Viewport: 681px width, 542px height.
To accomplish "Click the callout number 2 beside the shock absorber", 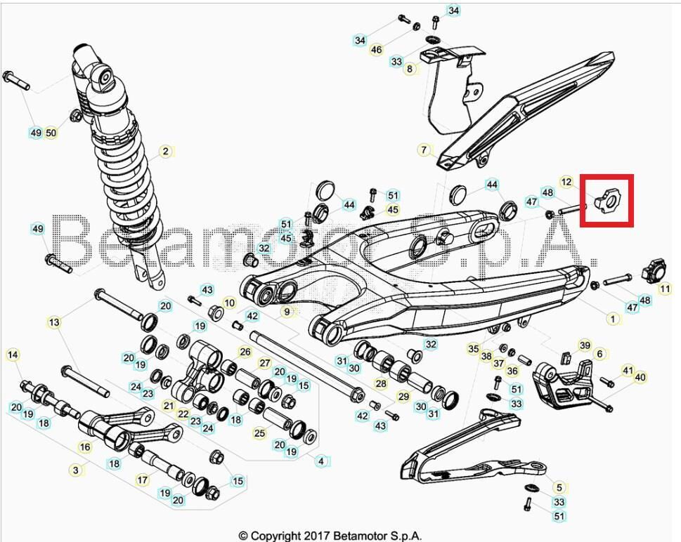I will (x=165, y=151).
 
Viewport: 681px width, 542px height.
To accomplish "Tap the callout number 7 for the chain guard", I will (x=424, y=150).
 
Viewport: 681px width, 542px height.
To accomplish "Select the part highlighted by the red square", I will (x=607, y=201).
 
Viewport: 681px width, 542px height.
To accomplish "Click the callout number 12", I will (x=566, y=183).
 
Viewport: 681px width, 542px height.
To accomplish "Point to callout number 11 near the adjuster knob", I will (x=664, y=288).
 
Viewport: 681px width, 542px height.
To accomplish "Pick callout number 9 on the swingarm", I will (x=287, y=310).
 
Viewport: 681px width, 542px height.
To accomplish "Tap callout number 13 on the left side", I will (x=54, y=322).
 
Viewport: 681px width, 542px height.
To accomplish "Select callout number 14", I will (x=13, y=355).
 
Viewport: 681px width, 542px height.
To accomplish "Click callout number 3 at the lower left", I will (x=76, y=469).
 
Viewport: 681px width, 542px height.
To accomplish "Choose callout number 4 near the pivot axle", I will (x=321, y=461).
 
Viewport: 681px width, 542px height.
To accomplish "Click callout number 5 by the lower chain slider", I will (x=559, y=487).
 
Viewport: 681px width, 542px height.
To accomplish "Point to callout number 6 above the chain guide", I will (x=599, y=355).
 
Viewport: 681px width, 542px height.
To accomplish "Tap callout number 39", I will (x=585, y=345).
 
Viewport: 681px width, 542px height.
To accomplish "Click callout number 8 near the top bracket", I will (x=410, y=69).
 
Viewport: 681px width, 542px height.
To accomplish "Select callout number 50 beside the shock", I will (x=51, y=133).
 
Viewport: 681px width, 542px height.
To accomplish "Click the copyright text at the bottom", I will (x=330, y=536).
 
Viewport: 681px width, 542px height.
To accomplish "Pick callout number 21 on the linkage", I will (x=168, y=406).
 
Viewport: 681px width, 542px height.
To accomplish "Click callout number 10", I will (x=230, y=303).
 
